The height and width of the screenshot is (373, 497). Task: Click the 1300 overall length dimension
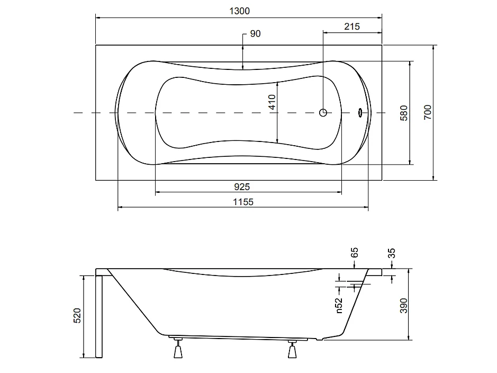point(239,11)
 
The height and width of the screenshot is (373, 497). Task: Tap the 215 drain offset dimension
point(352,26)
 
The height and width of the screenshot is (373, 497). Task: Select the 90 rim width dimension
point(255,33)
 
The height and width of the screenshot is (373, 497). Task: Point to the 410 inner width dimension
point(272,102)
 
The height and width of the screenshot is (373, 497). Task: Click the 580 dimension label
point(404,113)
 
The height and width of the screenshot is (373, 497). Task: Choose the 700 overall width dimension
point(428,112)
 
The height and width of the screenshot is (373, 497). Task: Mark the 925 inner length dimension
point(242,187)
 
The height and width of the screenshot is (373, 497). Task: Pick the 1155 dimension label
point(243,202)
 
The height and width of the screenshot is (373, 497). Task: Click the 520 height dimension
point(77,316)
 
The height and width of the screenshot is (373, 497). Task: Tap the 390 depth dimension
point(403,306)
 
